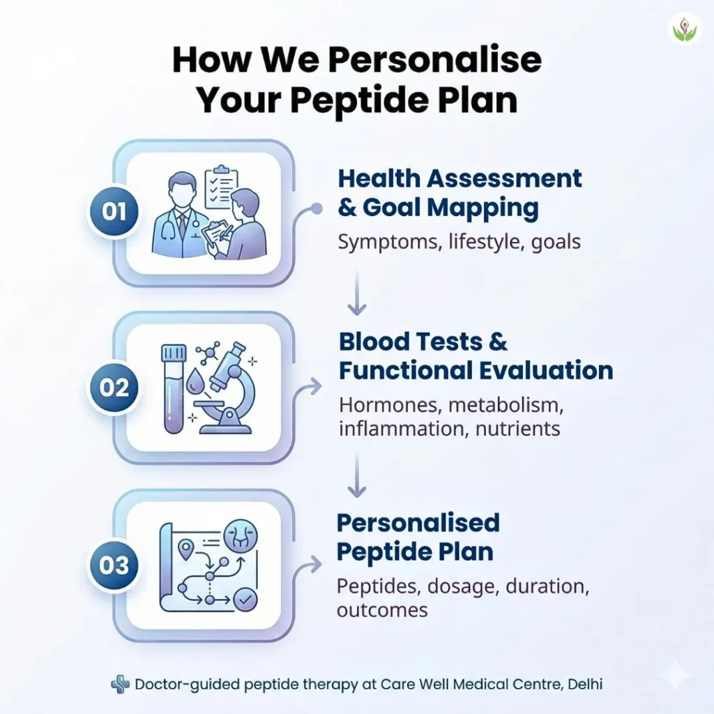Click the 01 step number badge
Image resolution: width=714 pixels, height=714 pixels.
click(114, 212)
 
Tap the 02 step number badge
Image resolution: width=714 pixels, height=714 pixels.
click(114, 388)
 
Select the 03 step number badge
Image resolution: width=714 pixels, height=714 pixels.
click(114, 565)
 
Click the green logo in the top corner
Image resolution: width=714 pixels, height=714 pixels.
click(685, 29)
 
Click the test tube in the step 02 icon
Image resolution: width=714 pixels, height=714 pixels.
click(174, 388)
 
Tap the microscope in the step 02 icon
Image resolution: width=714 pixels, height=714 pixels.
click(227, 388)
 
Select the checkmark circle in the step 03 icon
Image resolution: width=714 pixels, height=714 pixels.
click(245, 599)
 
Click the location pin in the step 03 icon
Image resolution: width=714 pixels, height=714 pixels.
click(185, 549)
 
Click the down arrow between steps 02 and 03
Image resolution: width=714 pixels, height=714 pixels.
click(357, 475)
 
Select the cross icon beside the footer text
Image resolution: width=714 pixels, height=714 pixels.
click(120, 685)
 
